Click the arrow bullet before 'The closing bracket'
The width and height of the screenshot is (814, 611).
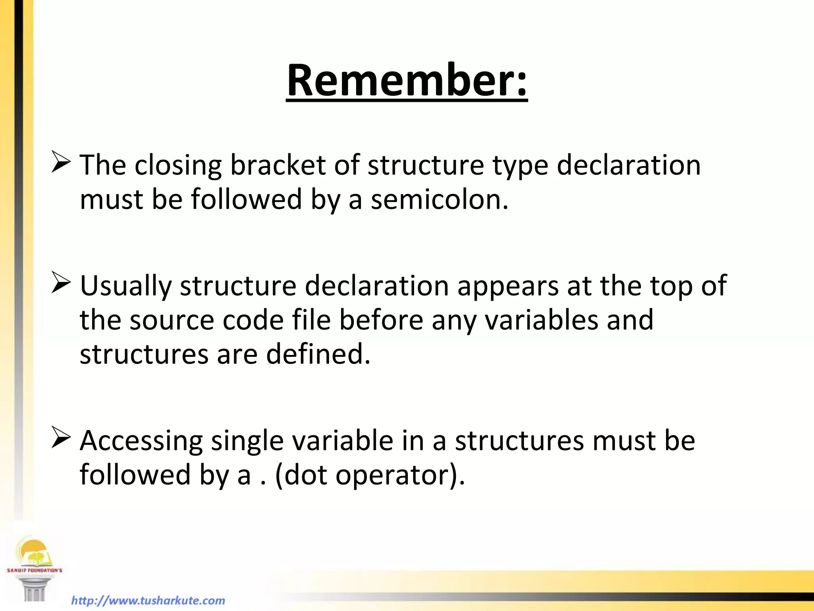[61, 163]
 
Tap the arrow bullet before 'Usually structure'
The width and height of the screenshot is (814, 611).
[61, 284]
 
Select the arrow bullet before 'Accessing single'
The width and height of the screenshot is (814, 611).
[61, 439]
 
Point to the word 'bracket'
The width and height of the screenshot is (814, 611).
[278, 165]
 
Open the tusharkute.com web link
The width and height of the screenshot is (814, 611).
[148, 600]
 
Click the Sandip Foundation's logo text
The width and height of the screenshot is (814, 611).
[35, 570]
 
